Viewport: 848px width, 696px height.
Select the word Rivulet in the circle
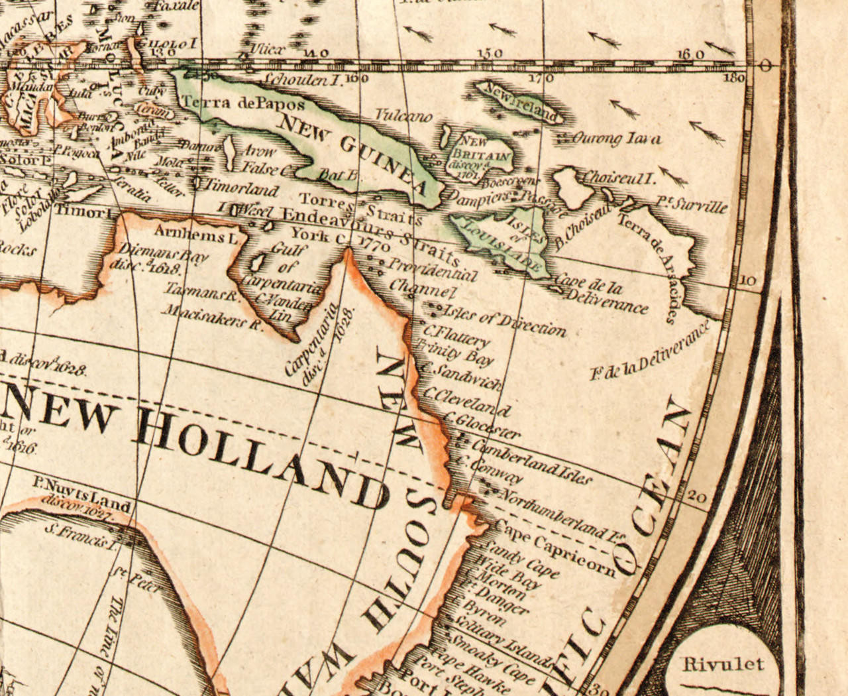[x=723, y=664]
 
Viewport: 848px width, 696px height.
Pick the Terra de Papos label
[x=243, y=104]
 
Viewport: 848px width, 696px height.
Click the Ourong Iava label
[x=615, y=139]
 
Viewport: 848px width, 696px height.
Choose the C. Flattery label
[x=457, y=335]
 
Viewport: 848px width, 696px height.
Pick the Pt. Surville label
[x=692, y=204]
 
